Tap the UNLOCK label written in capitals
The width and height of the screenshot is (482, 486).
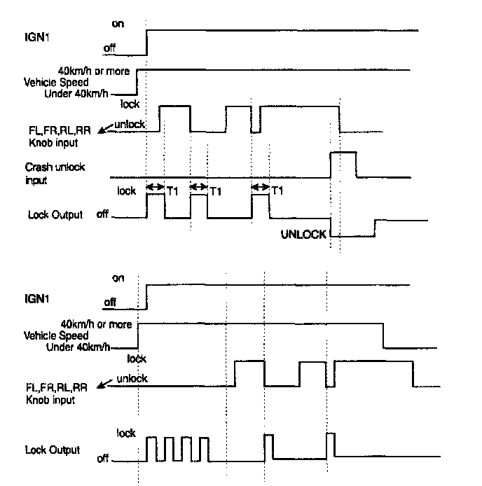coord(303,235)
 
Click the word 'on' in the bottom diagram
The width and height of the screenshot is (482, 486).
coord(118,277)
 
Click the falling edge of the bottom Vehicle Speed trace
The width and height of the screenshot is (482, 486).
coord(383,335)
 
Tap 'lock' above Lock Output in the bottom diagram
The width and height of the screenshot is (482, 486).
coord(126,433)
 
